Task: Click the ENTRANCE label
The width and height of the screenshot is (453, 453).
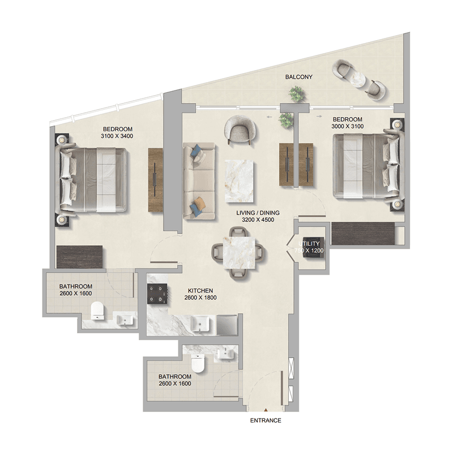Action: pos(266,420)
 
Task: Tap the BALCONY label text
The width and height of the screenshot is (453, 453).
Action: pos(299,77)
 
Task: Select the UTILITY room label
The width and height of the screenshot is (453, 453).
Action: pos(309,243)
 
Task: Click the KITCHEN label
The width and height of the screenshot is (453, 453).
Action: pos(200,290)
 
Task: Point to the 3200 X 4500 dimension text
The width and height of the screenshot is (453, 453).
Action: pos(258,220)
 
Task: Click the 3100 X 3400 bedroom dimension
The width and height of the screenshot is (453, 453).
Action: pos(117,136)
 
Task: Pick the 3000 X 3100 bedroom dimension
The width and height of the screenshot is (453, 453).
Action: pos(348,126)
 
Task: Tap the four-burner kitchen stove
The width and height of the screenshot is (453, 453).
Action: pos(157,293)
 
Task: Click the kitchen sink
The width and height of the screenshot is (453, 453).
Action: pos(201,324)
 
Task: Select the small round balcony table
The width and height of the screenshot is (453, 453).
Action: pos(358,78)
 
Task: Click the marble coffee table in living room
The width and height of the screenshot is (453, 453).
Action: pos(239,181)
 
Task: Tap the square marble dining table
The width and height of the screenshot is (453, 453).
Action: pos(239,252)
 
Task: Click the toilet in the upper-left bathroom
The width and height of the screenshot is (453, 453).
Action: pos(97,310)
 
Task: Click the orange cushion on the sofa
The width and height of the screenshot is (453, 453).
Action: pos(200,202)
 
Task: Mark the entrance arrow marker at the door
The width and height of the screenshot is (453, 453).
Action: pos(266,409)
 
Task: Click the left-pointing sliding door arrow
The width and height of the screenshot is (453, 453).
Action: pos(270,117)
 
